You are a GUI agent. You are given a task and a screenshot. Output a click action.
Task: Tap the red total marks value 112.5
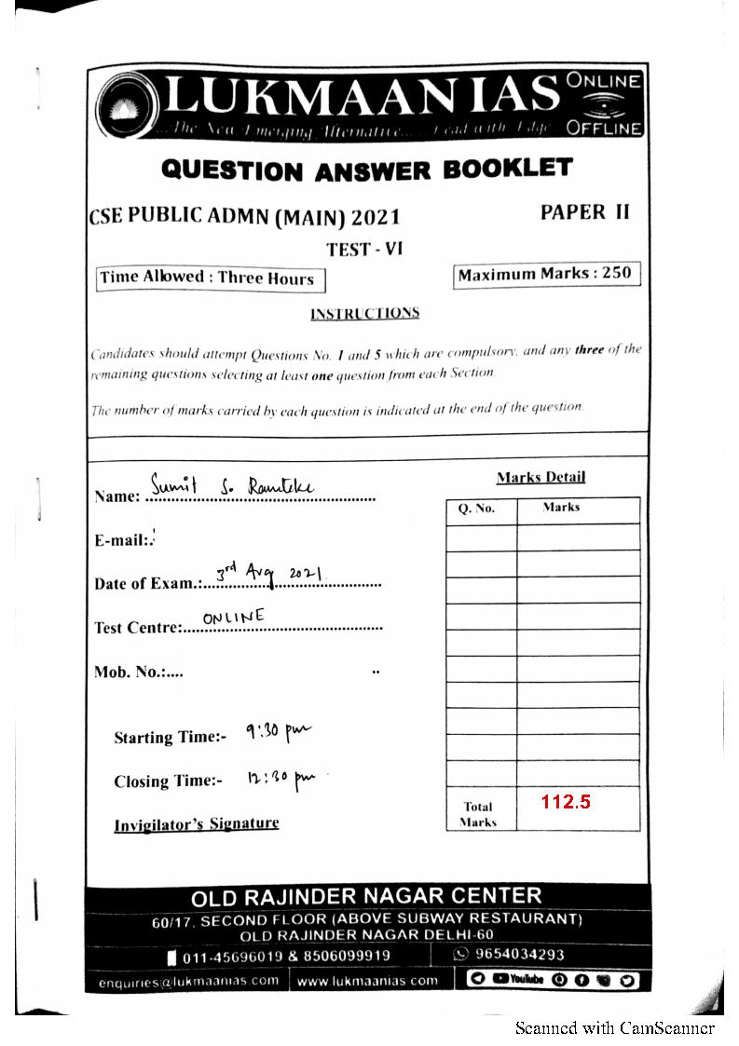point(566,801)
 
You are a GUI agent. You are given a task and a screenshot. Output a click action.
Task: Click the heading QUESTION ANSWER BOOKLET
point(366,170)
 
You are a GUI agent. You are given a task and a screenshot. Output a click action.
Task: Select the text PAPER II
point(584,211)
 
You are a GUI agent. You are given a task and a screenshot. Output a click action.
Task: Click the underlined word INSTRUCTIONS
point(364,313)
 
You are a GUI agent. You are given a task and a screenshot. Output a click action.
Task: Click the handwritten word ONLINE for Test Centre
point(234,617)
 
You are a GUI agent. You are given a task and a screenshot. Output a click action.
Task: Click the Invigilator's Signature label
point(196,823)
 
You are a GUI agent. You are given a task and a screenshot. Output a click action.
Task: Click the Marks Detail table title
point(541,477)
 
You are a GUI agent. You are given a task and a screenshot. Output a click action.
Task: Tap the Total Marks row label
point(478,814)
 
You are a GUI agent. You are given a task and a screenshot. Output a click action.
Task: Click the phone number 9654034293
point(519,954)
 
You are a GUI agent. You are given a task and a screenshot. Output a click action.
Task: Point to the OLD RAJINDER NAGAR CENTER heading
point(366,896)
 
